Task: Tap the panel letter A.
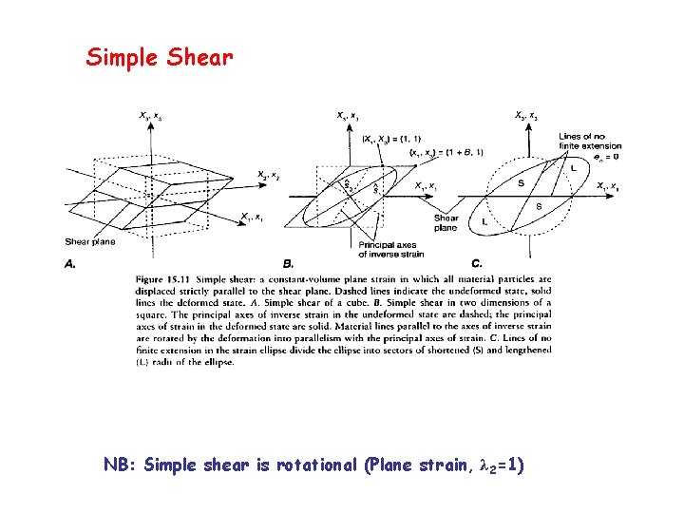point(70,263)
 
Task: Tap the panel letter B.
point(289,263)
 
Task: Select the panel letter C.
point(476,263)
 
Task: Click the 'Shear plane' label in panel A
point(90,241)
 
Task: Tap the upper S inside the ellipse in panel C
point(520,183)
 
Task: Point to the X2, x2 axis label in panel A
point(268,175)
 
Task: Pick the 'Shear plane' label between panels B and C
point(446,222)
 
